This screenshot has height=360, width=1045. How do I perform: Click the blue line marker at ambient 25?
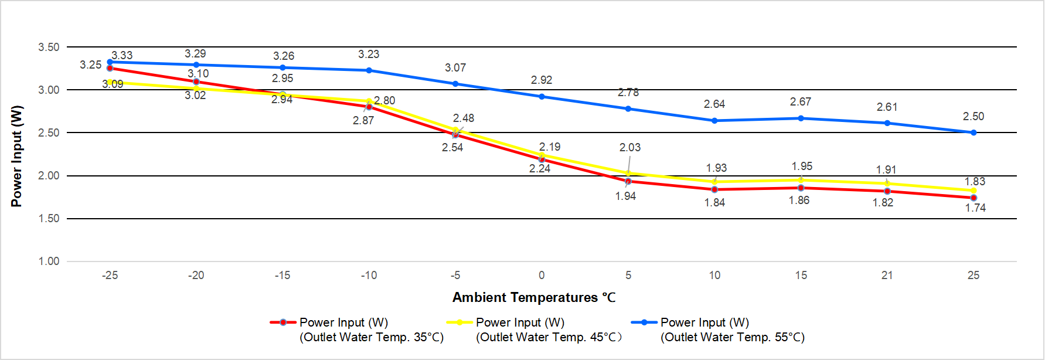pyautogui.click(x=973, y=133)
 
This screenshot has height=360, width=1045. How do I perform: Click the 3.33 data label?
pyautogui.click(x=122, y=55)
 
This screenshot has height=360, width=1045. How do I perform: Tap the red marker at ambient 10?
pyautogui.click(x=714, y=189)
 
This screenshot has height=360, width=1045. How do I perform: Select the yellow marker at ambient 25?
pyautogui.click(x=973, y=191)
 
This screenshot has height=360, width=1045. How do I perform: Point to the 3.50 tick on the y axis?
pyautogui.click(x=49, y=47)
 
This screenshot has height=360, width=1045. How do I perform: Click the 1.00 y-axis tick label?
pyautogui.click(x=49, y=261)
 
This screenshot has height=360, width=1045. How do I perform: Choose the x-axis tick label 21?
pyautogui.click(x=887, y=275)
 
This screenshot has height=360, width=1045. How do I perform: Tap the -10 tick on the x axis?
pyautogui.click(x=369, y=275)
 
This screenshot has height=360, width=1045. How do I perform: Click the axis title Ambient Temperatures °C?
pyautogui.click(x=533, y=297)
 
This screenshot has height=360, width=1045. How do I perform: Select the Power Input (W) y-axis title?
pyautogui.click(x=16, y=156)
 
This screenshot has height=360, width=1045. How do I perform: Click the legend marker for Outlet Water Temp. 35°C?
pyautogui.click(x=283, y=322)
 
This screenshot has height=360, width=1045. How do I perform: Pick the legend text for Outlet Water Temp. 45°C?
pyautogui.click(x=549, y=330)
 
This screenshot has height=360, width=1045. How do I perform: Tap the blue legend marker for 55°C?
pyautogui.click(x=644, y=322)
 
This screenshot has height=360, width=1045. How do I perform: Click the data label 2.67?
pyautogui.click(x=800, y=102)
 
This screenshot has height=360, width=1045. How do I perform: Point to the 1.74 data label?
pyautogui.click(x=975, y=208)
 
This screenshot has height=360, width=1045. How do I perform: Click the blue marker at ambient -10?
pyautogui.click(x=369, y=70)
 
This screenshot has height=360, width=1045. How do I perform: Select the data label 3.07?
pyautogui.click(x=455, y=68)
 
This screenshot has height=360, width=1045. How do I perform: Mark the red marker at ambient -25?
pyautogui.click(x=110, y=68)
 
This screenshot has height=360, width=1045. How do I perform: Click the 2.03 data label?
pyautogui.click(x=629, y=147)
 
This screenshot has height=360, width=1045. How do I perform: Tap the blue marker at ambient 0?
pyautogui.click(x=542, y=96)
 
